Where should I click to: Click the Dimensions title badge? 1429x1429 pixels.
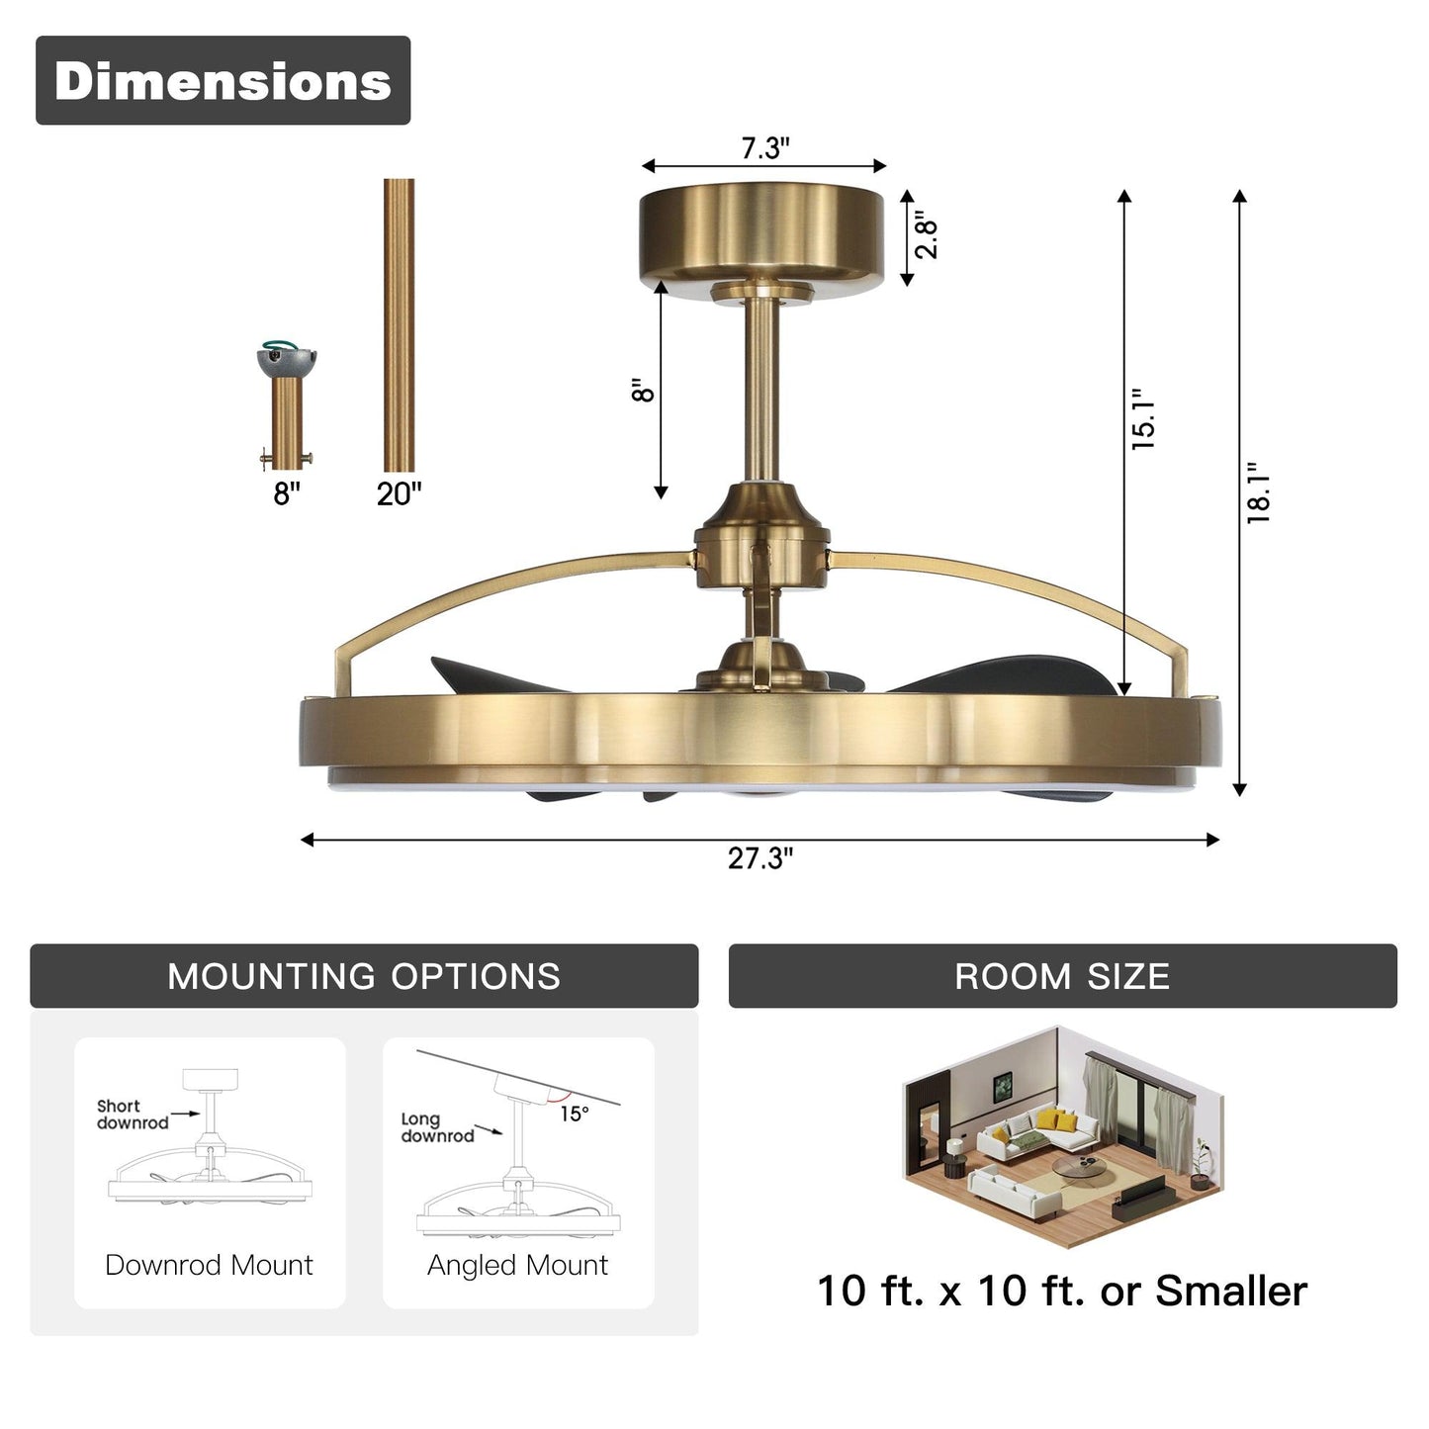223,80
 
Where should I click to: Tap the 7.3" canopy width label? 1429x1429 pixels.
764,148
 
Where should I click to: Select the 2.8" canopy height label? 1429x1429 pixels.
926,235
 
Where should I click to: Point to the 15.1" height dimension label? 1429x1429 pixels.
1144,419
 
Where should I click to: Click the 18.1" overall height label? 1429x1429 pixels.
1258,492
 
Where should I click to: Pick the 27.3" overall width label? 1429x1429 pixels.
759,858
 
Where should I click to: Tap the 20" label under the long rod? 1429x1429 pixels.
399,493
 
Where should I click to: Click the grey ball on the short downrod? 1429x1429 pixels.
286,360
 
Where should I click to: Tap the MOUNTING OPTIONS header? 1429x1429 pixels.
364,976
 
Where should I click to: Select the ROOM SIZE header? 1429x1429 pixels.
1062,976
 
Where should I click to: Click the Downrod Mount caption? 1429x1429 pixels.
209,1265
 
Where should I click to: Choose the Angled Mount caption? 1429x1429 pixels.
517,1265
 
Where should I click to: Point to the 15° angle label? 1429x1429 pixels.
575,1114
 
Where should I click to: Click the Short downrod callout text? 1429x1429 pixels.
132,1115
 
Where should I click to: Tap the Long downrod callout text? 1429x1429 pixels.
436,1127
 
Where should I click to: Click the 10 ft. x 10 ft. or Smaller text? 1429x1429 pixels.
1062,1291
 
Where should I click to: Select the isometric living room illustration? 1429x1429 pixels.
1062,1137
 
